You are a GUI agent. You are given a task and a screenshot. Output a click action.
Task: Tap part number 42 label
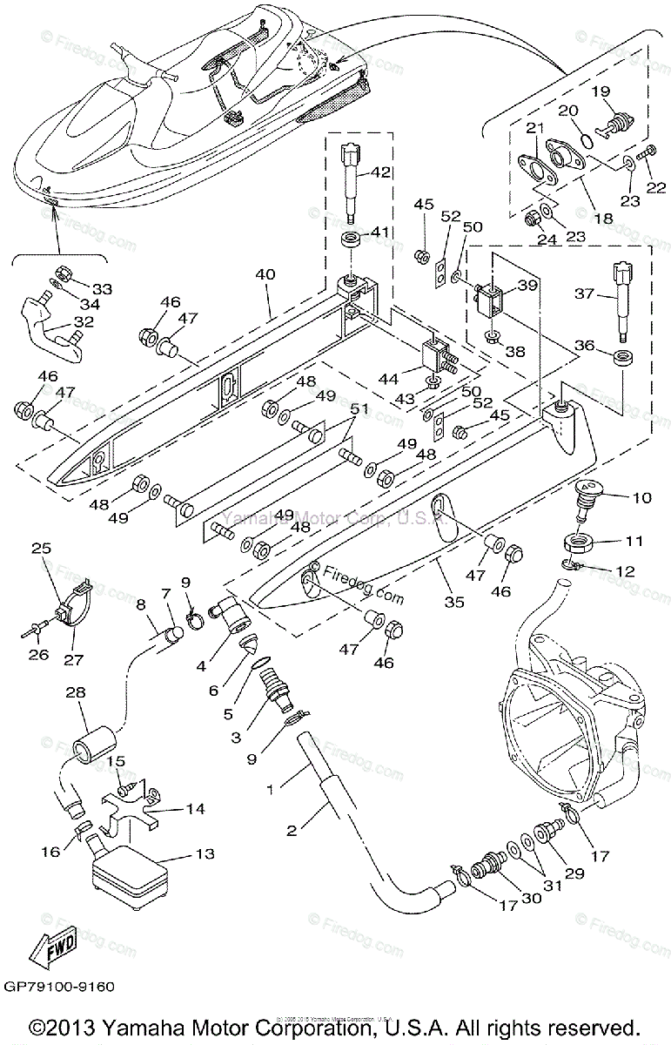[380, 173]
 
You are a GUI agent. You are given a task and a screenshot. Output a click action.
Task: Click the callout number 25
[42, 549]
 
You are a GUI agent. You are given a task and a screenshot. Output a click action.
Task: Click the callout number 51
[335, 409]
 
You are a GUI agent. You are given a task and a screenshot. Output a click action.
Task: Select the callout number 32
[83, 320]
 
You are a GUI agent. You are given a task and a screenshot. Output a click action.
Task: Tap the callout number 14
[196, 809]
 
